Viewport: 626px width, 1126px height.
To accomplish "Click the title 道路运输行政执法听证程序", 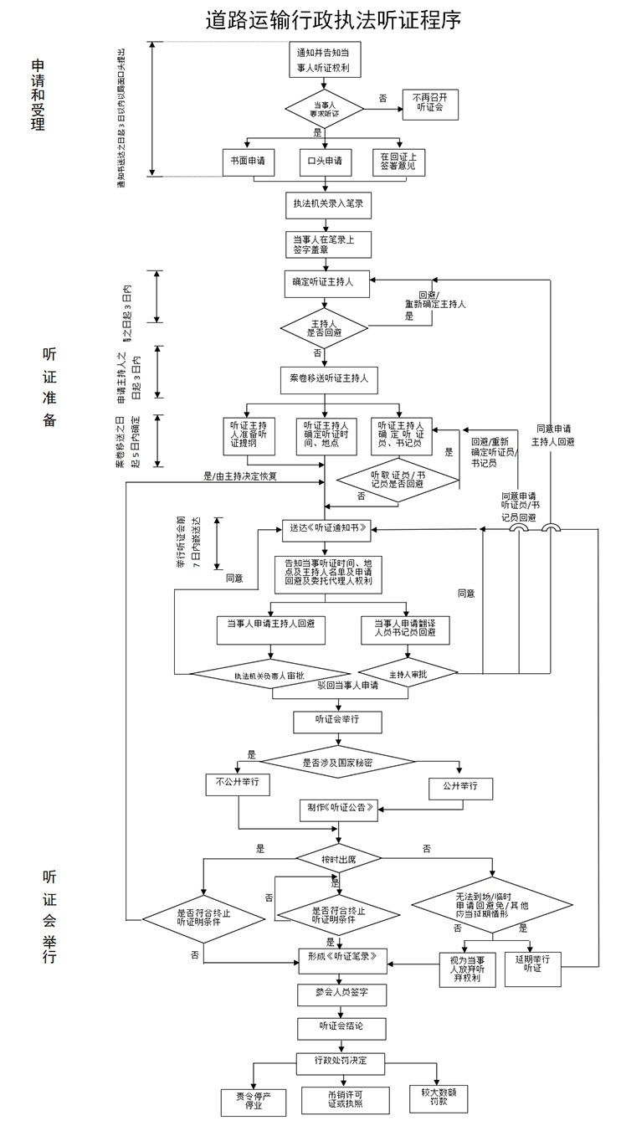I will click(333, 20).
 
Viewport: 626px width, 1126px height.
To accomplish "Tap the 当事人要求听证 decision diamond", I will click(324, 108).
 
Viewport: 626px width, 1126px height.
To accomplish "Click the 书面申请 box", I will click(248, 161).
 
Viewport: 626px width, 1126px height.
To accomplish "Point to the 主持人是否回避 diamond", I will click(324, 327).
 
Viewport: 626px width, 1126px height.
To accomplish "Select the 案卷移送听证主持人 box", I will click(328, 378).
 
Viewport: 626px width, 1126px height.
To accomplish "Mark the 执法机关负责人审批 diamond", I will click(269, 674).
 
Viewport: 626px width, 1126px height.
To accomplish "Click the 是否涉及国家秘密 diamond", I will click(336, 762).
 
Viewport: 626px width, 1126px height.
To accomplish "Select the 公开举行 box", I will click(460, 788).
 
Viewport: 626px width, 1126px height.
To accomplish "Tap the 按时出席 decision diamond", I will click(337, 860).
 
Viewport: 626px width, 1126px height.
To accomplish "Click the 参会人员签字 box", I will click(341, 994).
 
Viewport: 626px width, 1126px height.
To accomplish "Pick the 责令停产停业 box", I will click(253, 1100).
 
